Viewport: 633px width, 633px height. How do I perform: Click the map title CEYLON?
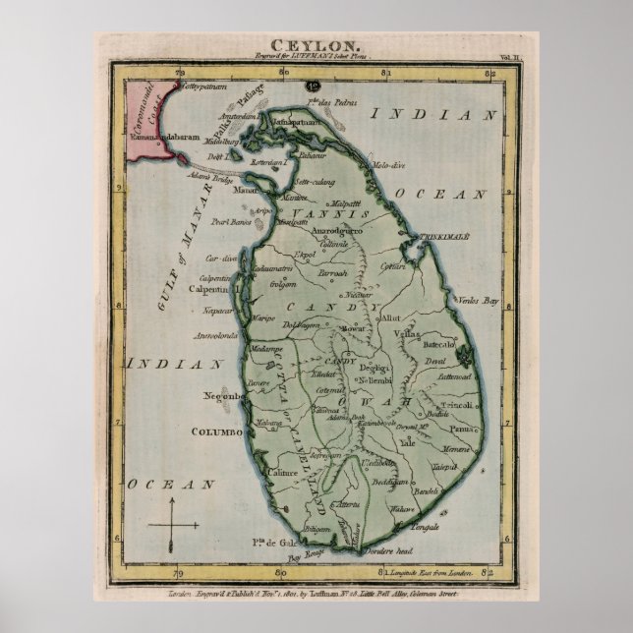[316, 45]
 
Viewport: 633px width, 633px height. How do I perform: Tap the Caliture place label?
[255, 471]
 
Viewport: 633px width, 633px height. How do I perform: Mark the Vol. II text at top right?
[499, 59]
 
